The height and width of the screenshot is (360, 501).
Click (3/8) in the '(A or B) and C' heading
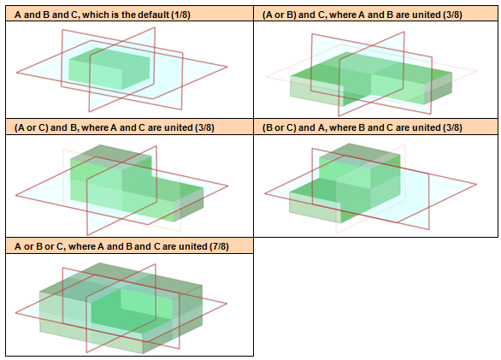point(453,15)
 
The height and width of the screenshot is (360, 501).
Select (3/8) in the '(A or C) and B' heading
point(205,127)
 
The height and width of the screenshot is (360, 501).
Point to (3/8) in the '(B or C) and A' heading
point(453,127)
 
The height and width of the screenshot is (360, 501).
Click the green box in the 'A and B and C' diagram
point(109,68)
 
